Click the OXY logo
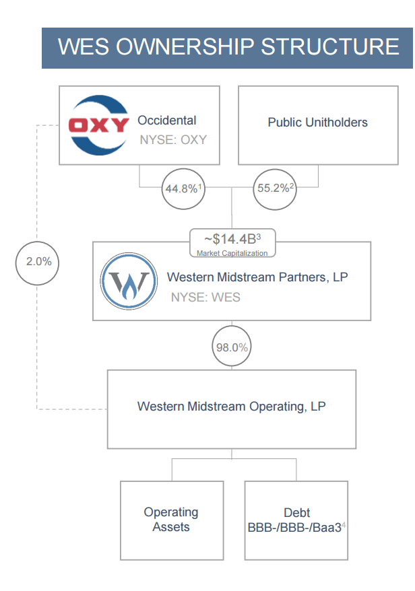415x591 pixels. click(99, 125)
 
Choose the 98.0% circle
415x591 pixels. click(232, 347)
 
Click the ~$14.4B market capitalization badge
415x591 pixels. click(232, 243)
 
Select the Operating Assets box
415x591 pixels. click(171, 520)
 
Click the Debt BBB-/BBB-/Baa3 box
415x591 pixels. click(296, 520)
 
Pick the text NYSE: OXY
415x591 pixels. click(173, 140)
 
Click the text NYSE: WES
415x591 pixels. click(205, 297)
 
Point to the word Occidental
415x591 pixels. click(167, 120)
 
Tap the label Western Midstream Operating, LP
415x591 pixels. click(232, 407)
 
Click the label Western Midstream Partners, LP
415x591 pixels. click(257, 277)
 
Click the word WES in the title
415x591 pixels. click(84, 47)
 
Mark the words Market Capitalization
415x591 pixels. click(232, 253)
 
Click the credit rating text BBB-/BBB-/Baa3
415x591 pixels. click(294, 527)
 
